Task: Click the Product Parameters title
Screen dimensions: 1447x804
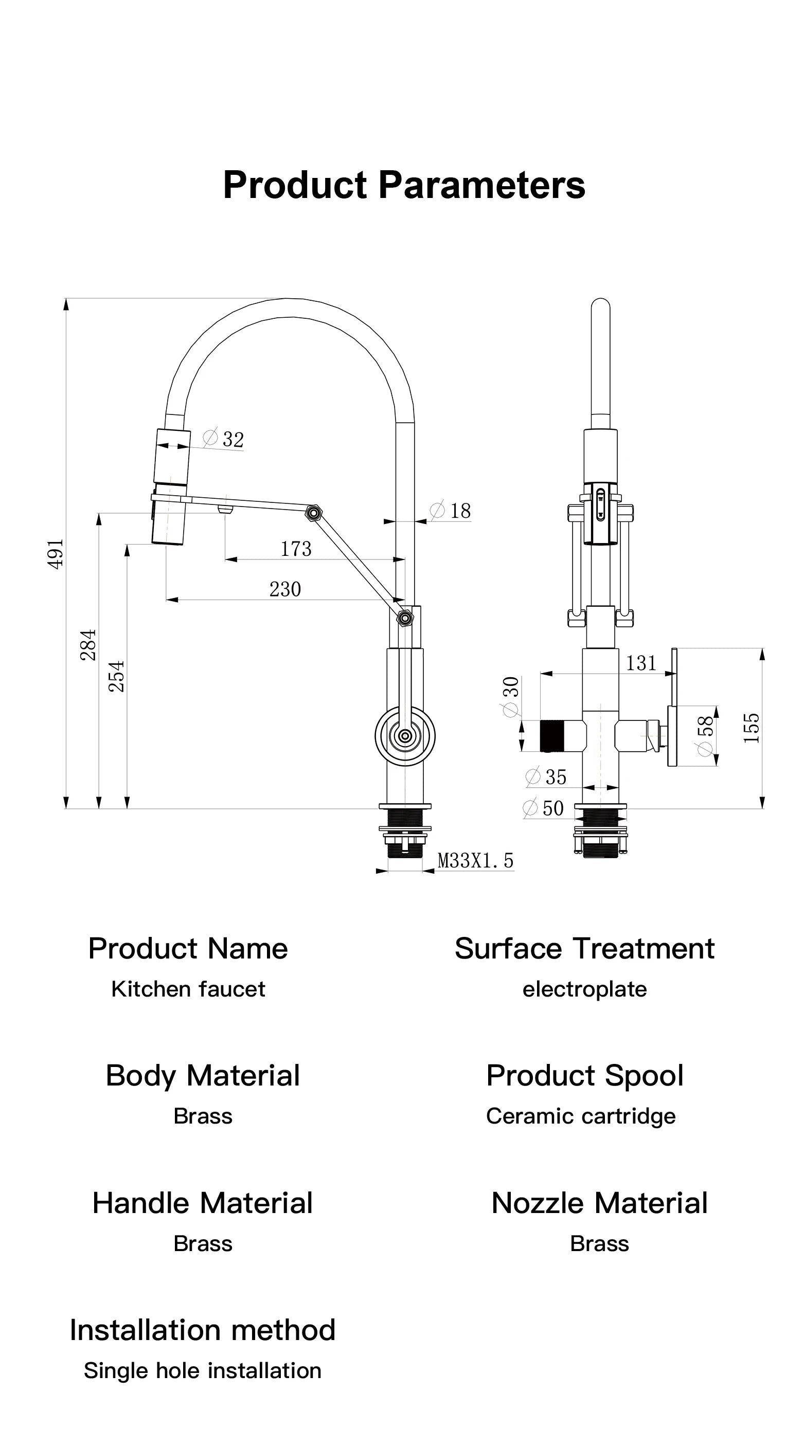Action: (x=404, y=185)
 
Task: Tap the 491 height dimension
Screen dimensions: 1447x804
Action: (x=56, y=554)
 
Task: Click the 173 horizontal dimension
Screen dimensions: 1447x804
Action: (x=296, y=549)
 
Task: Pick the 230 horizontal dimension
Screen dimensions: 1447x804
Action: (x=285, y=589)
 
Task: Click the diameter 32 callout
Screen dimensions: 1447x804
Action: (x=224, y=439)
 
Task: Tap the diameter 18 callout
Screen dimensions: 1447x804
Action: (x=451, y=511)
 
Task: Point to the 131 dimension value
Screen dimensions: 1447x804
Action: (x=641, y=663)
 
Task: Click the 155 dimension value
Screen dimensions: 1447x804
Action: (x=751, y=728)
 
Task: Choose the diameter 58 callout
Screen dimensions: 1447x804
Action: (x=705, y=735)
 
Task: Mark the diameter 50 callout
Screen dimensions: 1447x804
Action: (x=543, y=808)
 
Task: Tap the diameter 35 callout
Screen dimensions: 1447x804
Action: (x=546, y=777)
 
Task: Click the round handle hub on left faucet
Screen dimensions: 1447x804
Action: (x=404, y=735)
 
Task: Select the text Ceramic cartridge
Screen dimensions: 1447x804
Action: (x=580, y=1116)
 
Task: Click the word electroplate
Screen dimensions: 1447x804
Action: (x=584, y=989)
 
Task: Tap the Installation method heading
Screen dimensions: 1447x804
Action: (x=202, y=1330)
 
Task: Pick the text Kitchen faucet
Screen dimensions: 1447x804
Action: (x=188, y=989)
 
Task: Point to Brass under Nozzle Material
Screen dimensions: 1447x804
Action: (x=599, y=1244)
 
